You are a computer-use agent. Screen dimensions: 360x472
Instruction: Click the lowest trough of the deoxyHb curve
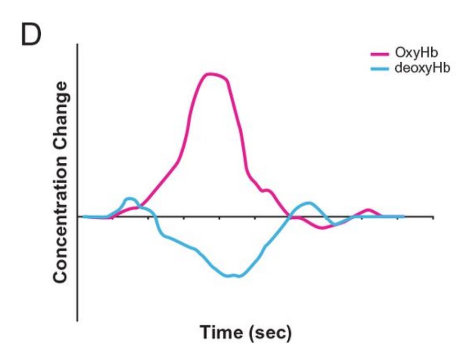(232, 276)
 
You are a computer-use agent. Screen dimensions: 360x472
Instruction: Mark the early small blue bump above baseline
(130, 198)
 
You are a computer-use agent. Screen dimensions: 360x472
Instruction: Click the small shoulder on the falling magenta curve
(267, 191)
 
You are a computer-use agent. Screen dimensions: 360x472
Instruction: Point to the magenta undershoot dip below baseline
(323, 227)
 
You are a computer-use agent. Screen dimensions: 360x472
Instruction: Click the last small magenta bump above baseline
(368, 210)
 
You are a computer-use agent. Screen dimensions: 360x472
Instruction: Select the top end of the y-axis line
(78, 45)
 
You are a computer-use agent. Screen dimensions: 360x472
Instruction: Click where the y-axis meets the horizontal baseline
(78, 216)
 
